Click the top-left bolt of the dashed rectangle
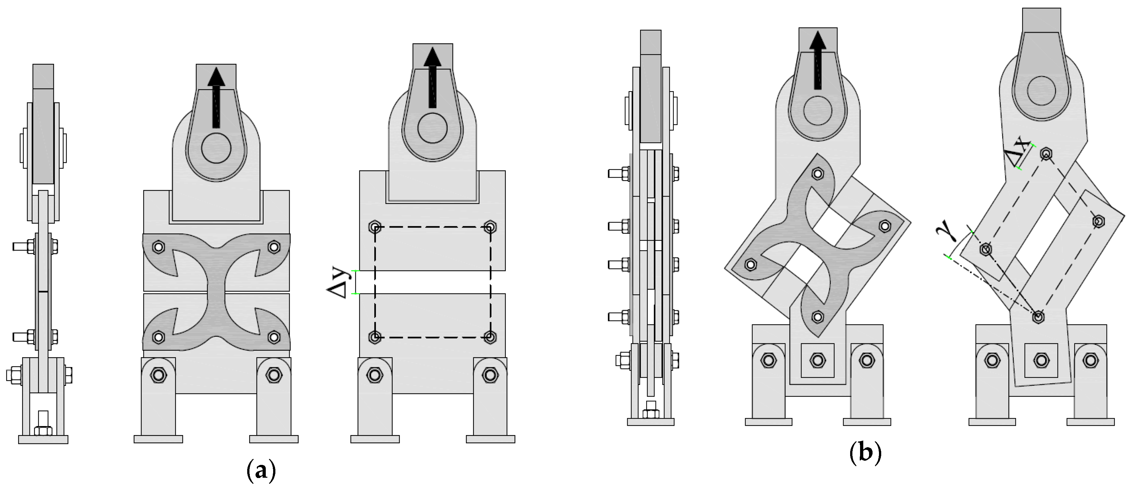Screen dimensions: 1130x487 375,228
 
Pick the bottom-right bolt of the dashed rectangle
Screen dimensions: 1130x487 491,337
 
